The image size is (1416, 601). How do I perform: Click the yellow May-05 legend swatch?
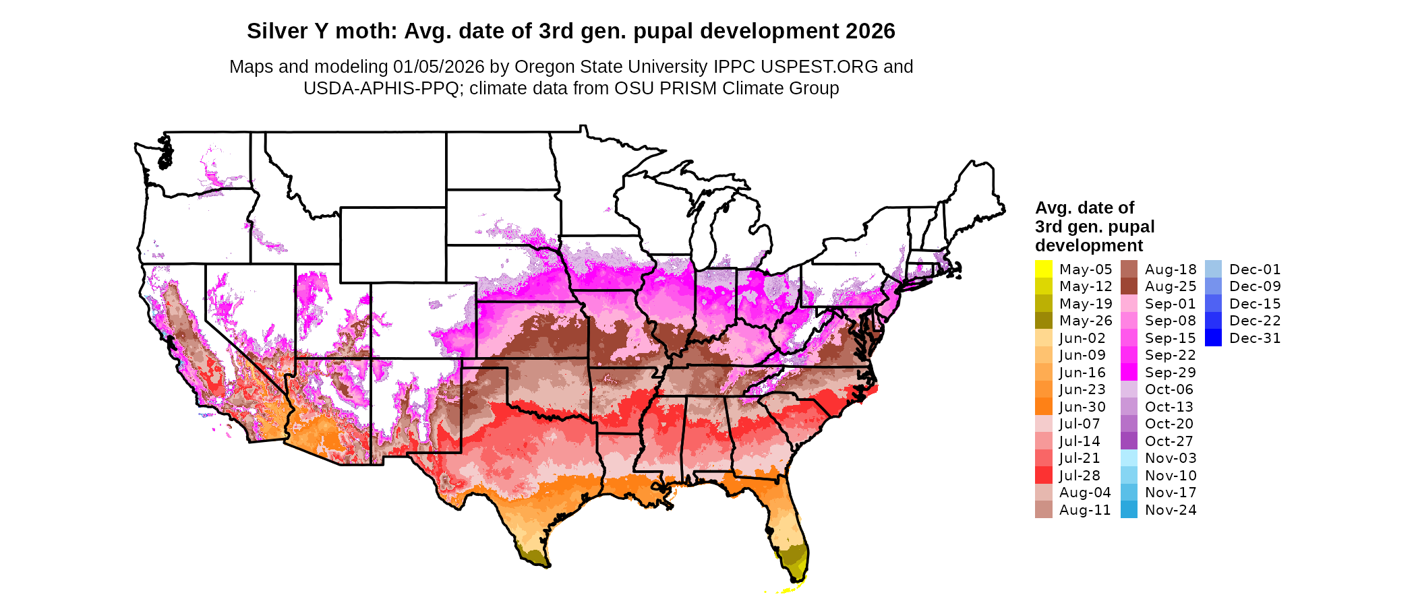point(1043,269)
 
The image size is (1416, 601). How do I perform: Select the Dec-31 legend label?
point(1254,338)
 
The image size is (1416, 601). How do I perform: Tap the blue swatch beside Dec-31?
point(1213,338)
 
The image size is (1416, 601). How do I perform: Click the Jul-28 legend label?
point(1080,476)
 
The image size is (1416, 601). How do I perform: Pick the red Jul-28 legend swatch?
point(1043,476)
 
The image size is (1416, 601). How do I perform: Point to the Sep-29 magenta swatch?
point(1129,373)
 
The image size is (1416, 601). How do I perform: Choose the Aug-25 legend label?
point(1171,286)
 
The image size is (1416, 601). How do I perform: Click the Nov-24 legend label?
point(1171,510)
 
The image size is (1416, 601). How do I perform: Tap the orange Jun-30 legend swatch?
point(1043,407)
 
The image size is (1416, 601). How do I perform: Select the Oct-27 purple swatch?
point(1129,441)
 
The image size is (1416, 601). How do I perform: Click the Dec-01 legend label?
point(1254,270)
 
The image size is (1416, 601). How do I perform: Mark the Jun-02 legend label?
point(1082,338)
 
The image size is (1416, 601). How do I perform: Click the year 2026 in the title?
point(871,31)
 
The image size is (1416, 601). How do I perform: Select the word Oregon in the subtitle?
point(544,67)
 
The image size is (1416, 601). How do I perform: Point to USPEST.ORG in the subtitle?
point(819,67)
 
